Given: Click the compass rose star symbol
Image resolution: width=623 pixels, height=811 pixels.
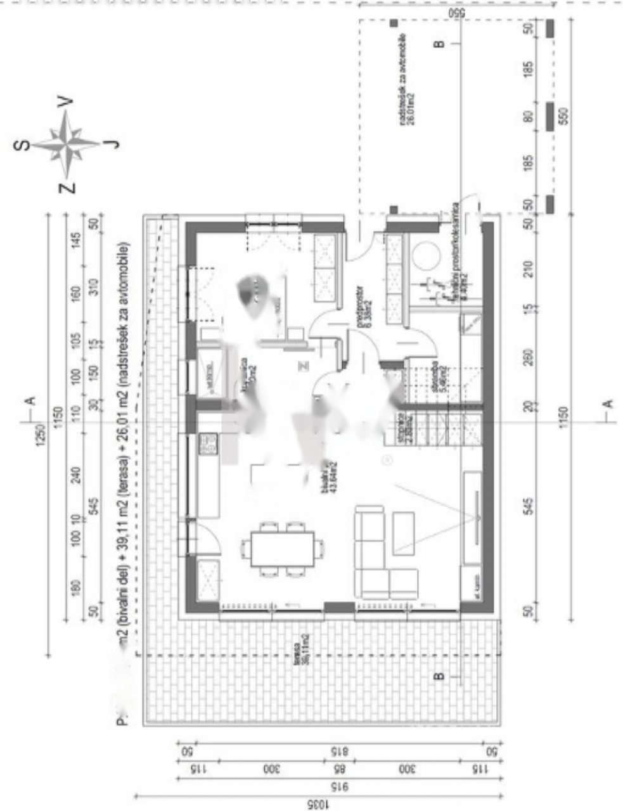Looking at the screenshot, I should coord(67,144).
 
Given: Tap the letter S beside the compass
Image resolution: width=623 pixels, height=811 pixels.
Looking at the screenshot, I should coord(22,144).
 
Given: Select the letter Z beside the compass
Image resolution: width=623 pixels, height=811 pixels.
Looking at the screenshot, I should coord(67,187).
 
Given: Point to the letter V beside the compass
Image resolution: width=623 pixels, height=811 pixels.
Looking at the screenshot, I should coord(65,101).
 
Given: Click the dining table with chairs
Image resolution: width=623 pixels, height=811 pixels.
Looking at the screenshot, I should coord(282,549).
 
